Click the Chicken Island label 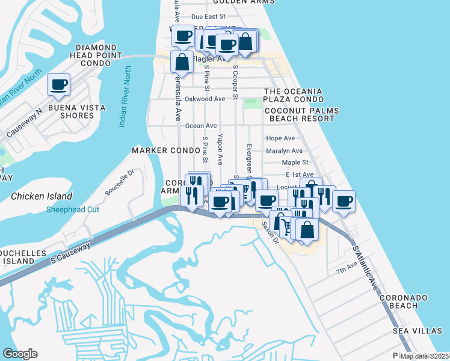pyautogui.click(x=42, y=196)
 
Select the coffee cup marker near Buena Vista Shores pyautogui.click(x=59, y=85)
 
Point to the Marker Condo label pyautogui.click(x=165, y=150)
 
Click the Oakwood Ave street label pyautogui.click(x=205, y=99)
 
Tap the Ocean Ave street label pyautogui.click(x=201, y=126)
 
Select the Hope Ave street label pyautogui.click(x=280, y=138)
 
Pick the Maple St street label pyautogui.click(x=295, y=162)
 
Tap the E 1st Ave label pyautogui.click(x=299, y=174)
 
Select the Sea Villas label pyautogui.click(x=417, y=331)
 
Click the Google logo pyautogui.click(x=20, y=354)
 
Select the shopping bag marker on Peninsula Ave pyautogui.click(x=182, y=62)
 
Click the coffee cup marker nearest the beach pyautogui.click(x=344, y=202)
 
